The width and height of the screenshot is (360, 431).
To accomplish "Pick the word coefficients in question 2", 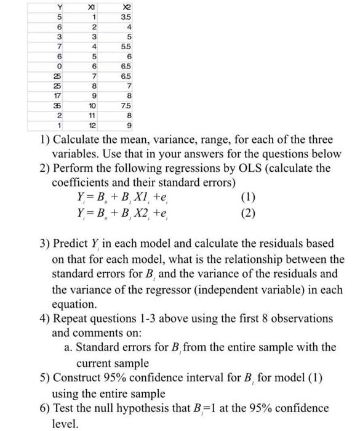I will click(x=81, y=182).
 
